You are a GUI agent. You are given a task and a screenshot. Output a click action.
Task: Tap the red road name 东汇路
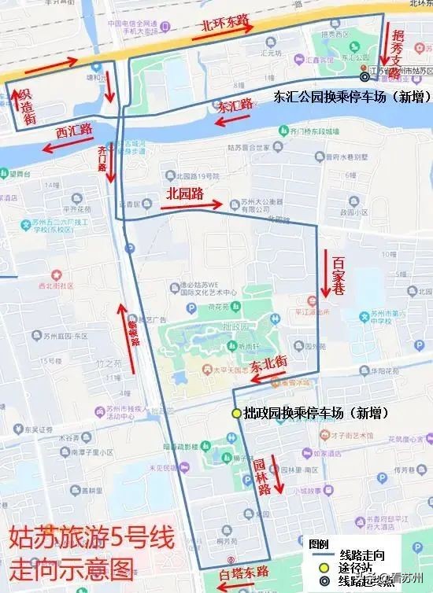(235, 105)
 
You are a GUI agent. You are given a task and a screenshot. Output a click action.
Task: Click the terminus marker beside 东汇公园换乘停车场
(364, 77)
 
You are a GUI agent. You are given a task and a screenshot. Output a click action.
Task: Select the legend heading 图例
(319, 543)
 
